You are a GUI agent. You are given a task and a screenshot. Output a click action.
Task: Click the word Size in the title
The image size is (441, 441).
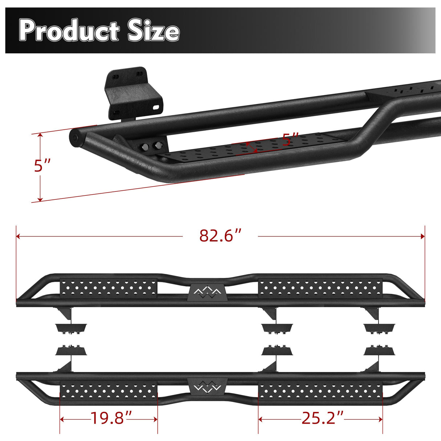click(x=153, y=31)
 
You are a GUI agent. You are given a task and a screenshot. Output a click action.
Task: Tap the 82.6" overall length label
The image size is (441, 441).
click(x=220, y=236)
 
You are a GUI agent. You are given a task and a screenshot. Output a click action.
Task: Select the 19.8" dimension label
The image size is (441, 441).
click(x=108, y=418)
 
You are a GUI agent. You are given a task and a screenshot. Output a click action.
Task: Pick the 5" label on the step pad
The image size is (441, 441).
click(x=290, y=139)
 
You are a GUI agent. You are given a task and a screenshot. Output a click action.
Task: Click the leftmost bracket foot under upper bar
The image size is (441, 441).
click(x=71, y=328)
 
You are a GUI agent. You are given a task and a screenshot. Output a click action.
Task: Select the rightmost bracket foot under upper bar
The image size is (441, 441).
click(x=379, y=328)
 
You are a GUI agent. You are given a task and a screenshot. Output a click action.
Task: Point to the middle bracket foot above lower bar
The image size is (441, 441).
click(x=277, y=351)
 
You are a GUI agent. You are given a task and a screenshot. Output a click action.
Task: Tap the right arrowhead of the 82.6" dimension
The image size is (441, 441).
click(x=422, y=236)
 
